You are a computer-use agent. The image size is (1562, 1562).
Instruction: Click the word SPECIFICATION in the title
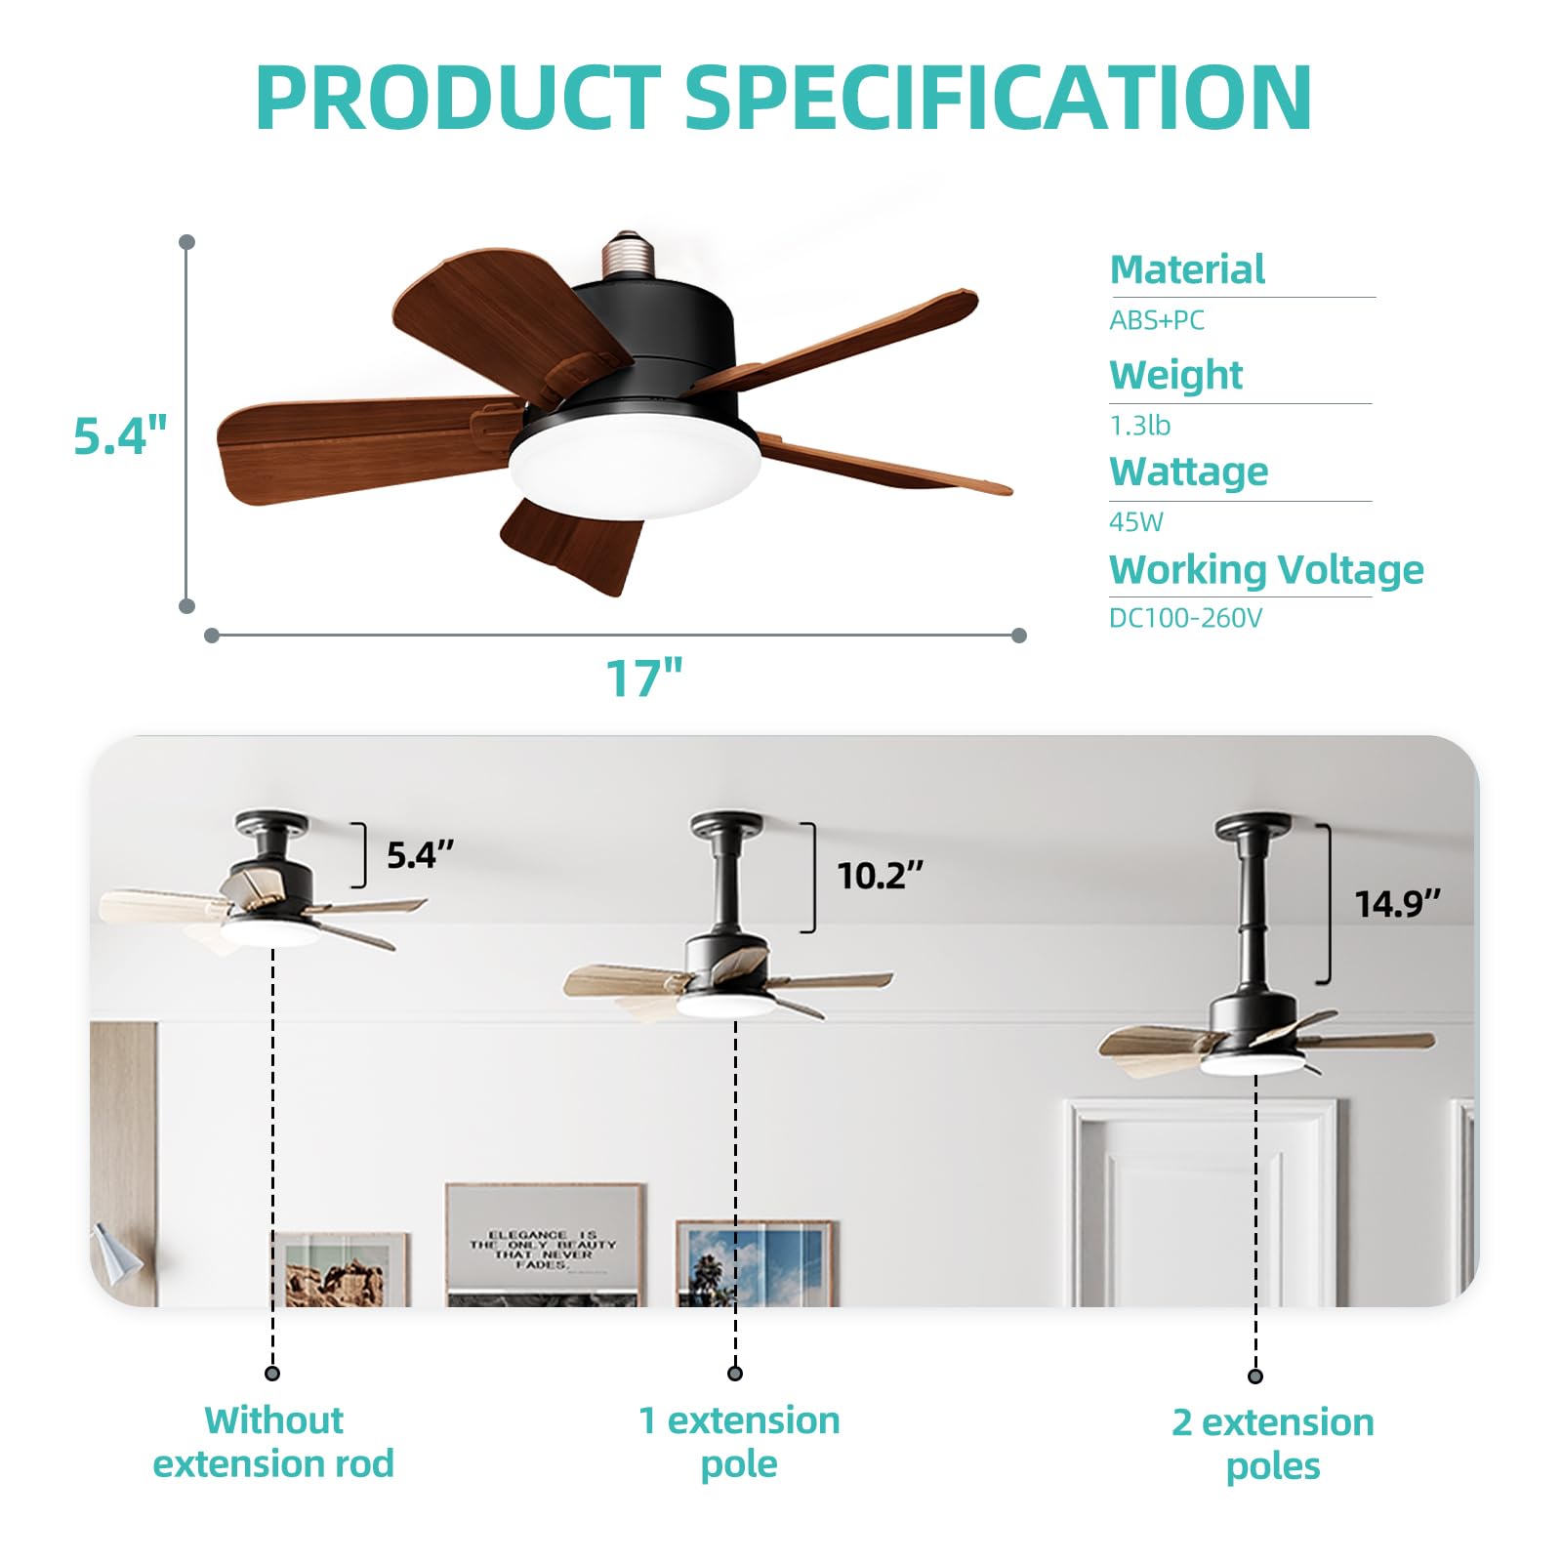pos(998,98)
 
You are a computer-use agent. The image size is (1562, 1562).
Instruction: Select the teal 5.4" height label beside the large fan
pos(120,435)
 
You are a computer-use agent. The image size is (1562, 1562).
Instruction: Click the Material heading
pos(1187,269)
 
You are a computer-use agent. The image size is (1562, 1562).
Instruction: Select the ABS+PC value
pos(1157,320)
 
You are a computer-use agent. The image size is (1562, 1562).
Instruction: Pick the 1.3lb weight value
pos(1139,426)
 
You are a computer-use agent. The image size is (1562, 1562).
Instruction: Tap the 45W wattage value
pos(1136,522)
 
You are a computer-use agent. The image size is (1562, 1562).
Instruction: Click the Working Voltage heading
pos(1266,569)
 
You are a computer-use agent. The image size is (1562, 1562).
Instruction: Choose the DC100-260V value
pos(1185,618)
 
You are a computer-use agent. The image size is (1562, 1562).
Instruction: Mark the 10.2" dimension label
pos(880,876)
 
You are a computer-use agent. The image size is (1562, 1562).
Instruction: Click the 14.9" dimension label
pos(1397,904)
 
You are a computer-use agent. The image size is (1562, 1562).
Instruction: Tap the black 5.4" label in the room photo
pos(420,855)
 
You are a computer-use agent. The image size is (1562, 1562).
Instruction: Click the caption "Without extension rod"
pos(273,1442)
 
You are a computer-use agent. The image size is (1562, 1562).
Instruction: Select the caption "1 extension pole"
pos(739,1442)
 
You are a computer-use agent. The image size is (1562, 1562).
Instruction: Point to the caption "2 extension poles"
pos(1273,1444)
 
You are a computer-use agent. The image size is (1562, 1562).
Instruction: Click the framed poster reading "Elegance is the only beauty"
pos(543,1245)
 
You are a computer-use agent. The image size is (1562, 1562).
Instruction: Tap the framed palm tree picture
pos(754,1263)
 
